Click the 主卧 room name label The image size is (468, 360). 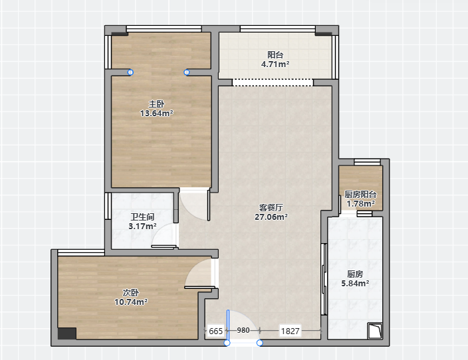tap(156, 104)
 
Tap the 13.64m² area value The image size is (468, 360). tap(157, 114)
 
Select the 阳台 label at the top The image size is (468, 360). tap(275, 55)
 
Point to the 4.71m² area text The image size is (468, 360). tap(275, 64)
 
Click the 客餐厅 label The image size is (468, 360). tap(271, 208)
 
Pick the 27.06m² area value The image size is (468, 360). tap(271, 217)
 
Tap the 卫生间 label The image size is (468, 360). tap(142, 217)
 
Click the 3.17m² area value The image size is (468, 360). tap(142, 226)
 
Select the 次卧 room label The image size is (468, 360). tap(131, 293)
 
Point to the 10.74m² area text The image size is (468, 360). tap(131, 302)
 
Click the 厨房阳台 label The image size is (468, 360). tap(360, 195)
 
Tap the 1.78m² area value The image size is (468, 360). tap(360, 204)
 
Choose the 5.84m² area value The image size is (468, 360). tap(355, 284)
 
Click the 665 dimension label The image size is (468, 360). tap(216, 331)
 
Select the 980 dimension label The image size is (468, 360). tap(243, 330)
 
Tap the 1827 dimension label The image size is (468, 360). tap(290, 331)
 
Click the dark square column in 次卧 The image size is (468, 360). tap(67, 333)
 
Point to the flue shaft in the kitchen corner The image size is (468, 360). tap(375, 331)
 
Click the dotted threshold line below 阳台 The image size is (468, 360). tap(273, 82)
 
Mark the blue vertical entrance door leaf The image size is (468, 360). tap(228, 326)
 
